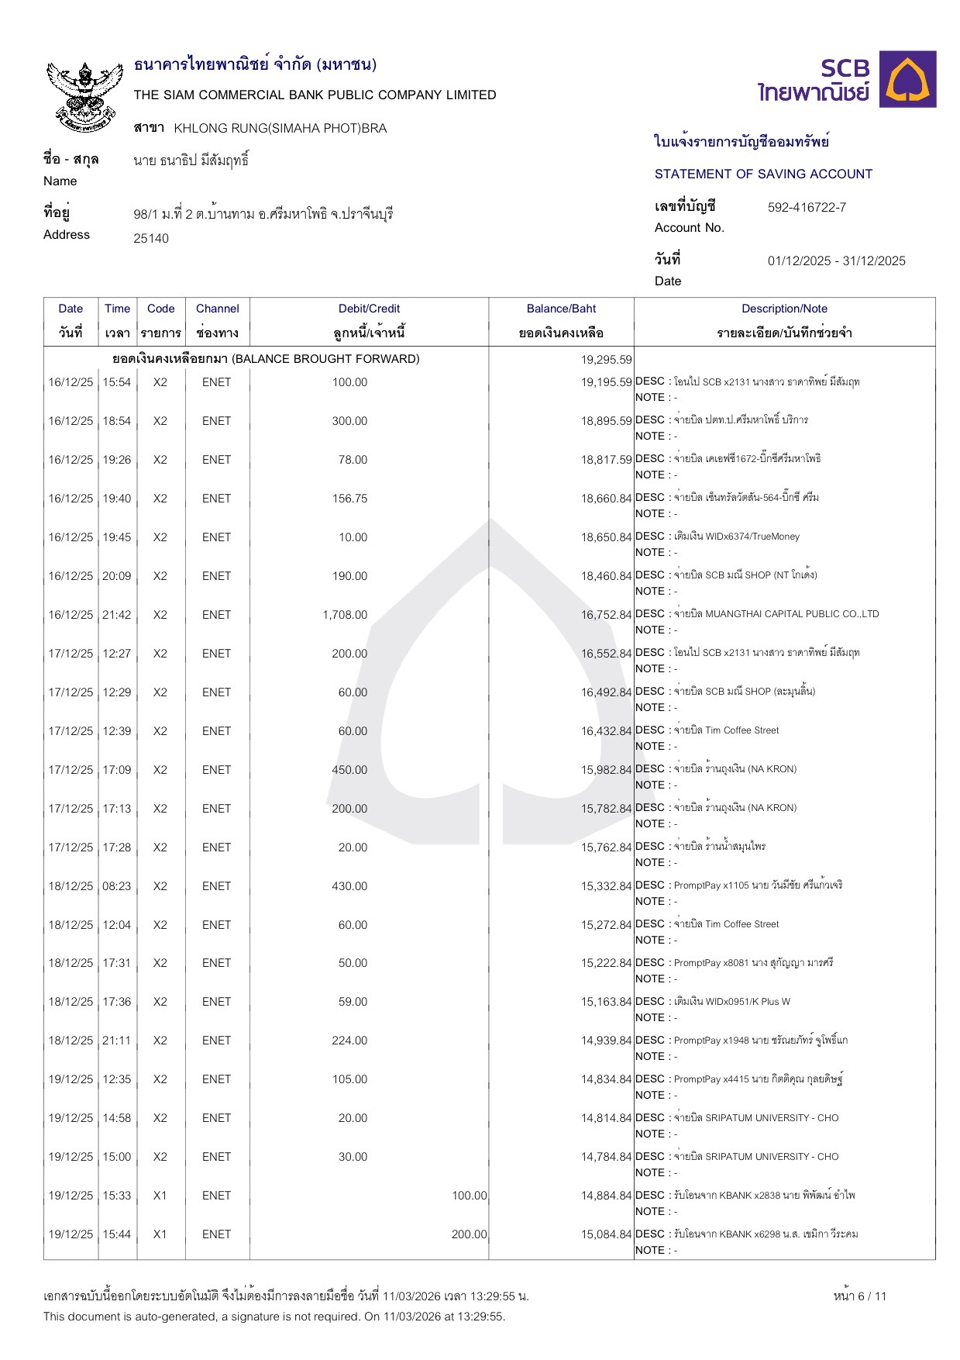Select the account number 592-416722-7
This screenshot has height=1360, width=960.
(x=807, y=207)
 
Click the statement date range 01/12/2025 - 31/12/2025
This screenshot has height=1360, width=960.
(x=836, y=261)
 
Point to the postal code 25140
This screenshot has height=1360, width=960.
(x=151, y=238)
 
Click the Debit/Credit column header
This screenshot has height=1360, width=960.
(x=369, y=309)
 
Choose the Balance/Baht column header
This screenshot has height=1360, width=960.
(x=561, y=309)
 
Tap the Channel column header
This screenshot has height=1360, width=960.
(x=217, y=309)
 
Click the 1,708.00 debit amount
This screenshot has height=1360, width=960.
(x=345, y=615)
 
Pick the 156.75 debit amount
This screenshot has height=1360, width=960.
(x=349, y=499)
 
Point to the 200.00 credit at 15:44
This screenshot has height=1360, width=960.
(x=469, y=1234)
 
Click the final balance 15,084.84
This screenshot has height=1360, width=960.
(x=607, y=1234)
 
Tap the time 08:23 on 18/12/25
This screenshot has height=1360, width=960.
(x=117, y=886)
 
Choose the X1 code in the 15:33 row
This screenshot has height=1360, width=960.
(x=160, y=1196)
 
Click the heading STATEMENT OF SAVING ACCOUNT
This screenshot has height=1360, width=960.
(x=763, y=174)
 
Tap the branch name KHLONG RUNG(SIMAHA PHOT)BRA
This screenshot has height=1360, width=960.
(x=280, y=128)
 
